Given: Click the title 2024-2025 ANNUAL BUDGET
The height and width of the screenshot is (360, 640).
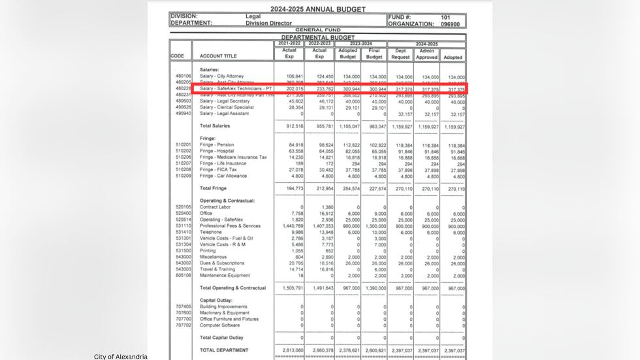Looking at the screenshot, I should click(x=318, y=9).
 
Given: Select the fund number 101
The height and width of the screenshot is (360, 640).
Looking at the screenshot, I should click(x=445, y=16).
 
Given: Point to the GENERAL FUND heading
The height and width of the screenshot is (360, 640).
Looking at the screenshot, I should click(x=317, y=30).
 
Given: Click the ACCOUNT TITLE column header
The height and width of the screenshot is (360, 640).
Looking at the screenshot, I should click(x=218, y=56).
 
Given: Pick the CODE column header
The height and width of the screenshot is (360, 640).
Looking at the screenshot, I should click(x=178, y=56).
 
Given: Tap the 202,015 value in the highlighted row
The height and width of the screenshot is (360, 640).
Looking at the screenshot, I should click(x=295, y=89).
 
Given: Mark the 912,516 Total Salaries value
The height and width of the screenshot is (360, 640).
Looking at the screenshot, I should click(x=295, y=125).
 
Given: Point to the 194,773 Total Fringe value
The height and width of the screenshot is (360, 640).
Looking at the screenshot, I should click(x=295, y=189).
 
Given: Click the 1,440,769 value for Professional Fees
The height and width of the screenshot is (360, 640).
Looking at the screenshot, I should click(x=293, y=225).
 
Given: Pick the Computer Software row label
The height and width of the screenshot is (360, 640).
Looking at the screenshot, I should click(x=219, y=325).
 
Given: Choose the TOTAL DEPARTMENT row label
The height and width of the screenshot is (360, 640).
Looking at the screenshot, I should click(x=224, y=350).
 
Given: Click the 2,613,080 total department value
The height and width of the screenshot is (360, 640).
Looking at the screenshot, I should click(x=293, y=350).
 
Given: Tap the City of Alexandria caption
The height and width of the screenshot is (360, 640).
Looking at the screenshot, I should click(x=121, y=356).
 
